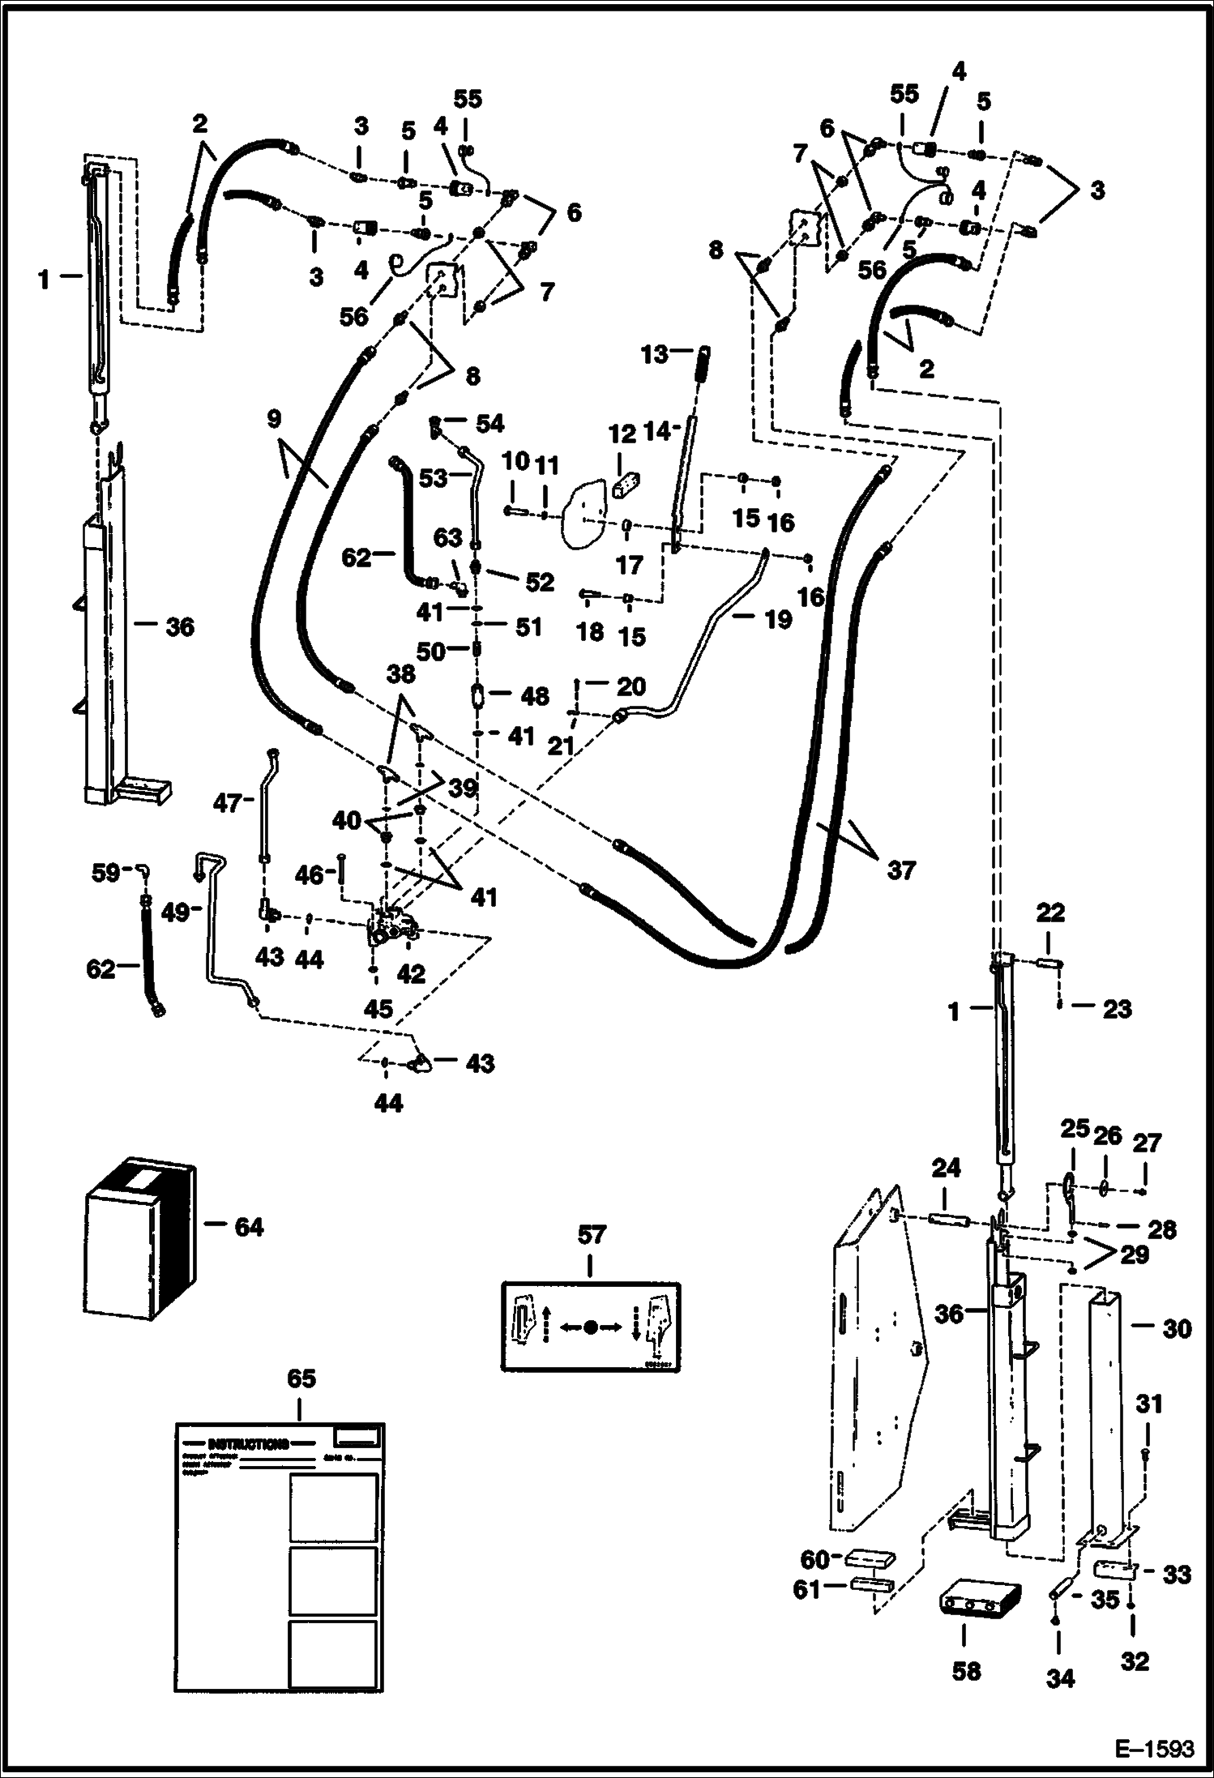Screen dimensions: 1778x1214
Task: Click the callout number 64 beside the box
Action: click(248, 1227)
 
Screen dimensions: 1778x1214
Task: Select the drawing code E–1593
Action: click(1154, 1750)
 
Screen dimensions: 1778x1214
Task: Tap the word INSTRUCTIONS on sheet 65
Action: click(248, 1443)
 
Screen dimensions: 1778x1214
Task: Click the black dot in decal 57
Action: click(591, 1327)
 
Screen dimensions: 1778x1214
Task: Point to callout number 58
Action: click(965, 1670)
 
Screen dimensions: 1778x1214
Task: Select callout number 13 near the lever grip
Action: click(654, 354)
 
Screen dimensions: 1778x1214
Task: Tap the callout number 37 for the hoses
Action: click(900, 870)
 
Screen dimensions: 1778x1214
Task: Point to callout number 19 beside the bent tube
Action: click(777, 620)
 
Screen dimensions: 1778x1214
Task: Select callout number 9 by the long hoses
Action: click(273, 419)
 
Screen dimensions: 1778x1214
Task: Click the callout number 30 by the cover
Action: click(1177, 1329)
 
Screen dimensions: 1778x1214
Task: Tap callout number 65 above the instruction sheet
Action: click(301, 1378)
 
